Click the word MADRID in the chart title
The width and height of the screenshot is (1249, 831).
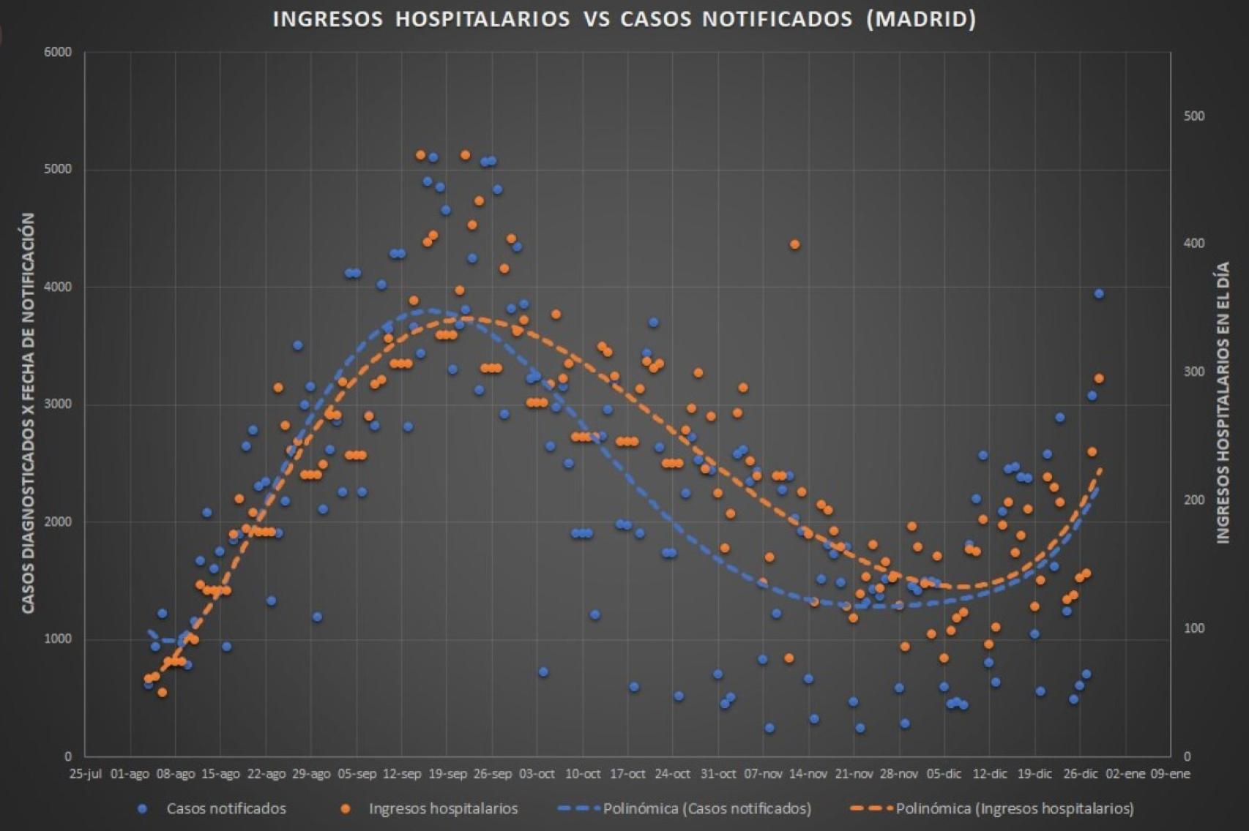[920, 19]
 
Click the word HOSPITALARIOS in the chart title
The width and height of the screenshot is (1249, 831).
[482, 19]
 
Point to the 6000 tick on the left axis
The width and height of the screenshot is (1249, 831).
[58, 52]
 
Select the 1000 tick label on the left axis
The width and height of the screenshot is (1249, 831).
[58, 639]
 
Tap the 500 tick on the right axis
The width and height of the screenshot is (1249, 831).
[1194, 116]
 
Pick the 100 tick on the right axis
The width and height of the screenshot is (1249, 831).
[1194, 628]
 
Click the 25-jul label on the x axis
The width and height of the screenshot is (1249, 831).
[85, 774]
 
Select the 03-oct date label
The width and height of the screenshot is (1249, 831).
[537, 774]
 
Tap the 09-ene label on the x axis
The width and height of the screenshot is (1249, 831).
[1170, 774]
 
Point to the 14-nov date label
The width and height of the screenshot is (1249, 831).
[808, 774]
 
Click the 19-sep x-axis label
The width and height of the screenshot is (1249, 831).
[447, 774]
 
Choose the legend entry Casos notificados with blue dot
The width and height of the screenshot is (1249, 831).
[225, 808]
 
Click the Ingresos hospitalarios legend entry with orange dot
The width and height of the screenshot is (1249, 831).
[442, 808]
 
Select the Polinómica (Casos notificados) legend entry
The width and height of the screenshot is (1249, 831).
[706, 808]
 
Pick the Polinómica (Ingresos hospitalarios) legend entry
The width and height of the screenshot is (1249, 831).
[1014, 808]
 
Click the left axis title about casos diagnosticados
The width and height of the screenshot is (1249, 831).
[29, 413]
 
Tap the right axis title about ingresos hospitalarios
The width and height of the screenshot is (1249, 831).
[1223, 402]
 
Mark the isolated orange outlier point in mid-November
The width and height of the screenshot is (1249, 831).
[795, 244]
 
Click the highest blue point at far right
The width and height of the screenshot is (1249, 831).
[1099, 293]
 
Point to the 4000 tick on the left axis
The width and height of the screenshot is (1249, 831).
[58, 287]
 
